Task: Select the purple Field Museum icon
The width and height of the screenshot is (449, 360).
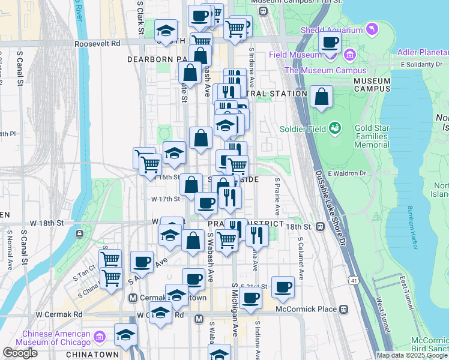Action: coord(349,55)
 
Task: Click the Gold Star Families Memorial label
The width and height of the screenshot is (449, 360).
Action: coord(381,137)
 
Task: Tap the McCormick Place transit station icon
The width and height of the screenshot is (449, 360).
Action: coord(343,310)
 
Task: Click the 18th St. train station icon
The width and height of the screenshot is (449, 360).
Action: coord(321,227)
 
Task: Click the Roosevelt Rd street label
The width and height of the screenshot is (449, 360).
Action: coord(97,44)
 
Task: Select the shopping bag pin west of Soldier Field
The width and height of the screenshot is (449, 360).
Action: coord(321,97)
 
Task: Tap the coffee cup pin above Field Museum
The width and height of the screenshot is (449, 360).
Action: coord(330,43)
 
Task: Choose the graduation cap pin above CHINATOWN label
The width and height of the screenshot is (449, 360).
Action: coord(126,334)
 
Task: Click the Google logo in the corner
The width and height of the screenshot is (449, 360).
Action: coord(20,353)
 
